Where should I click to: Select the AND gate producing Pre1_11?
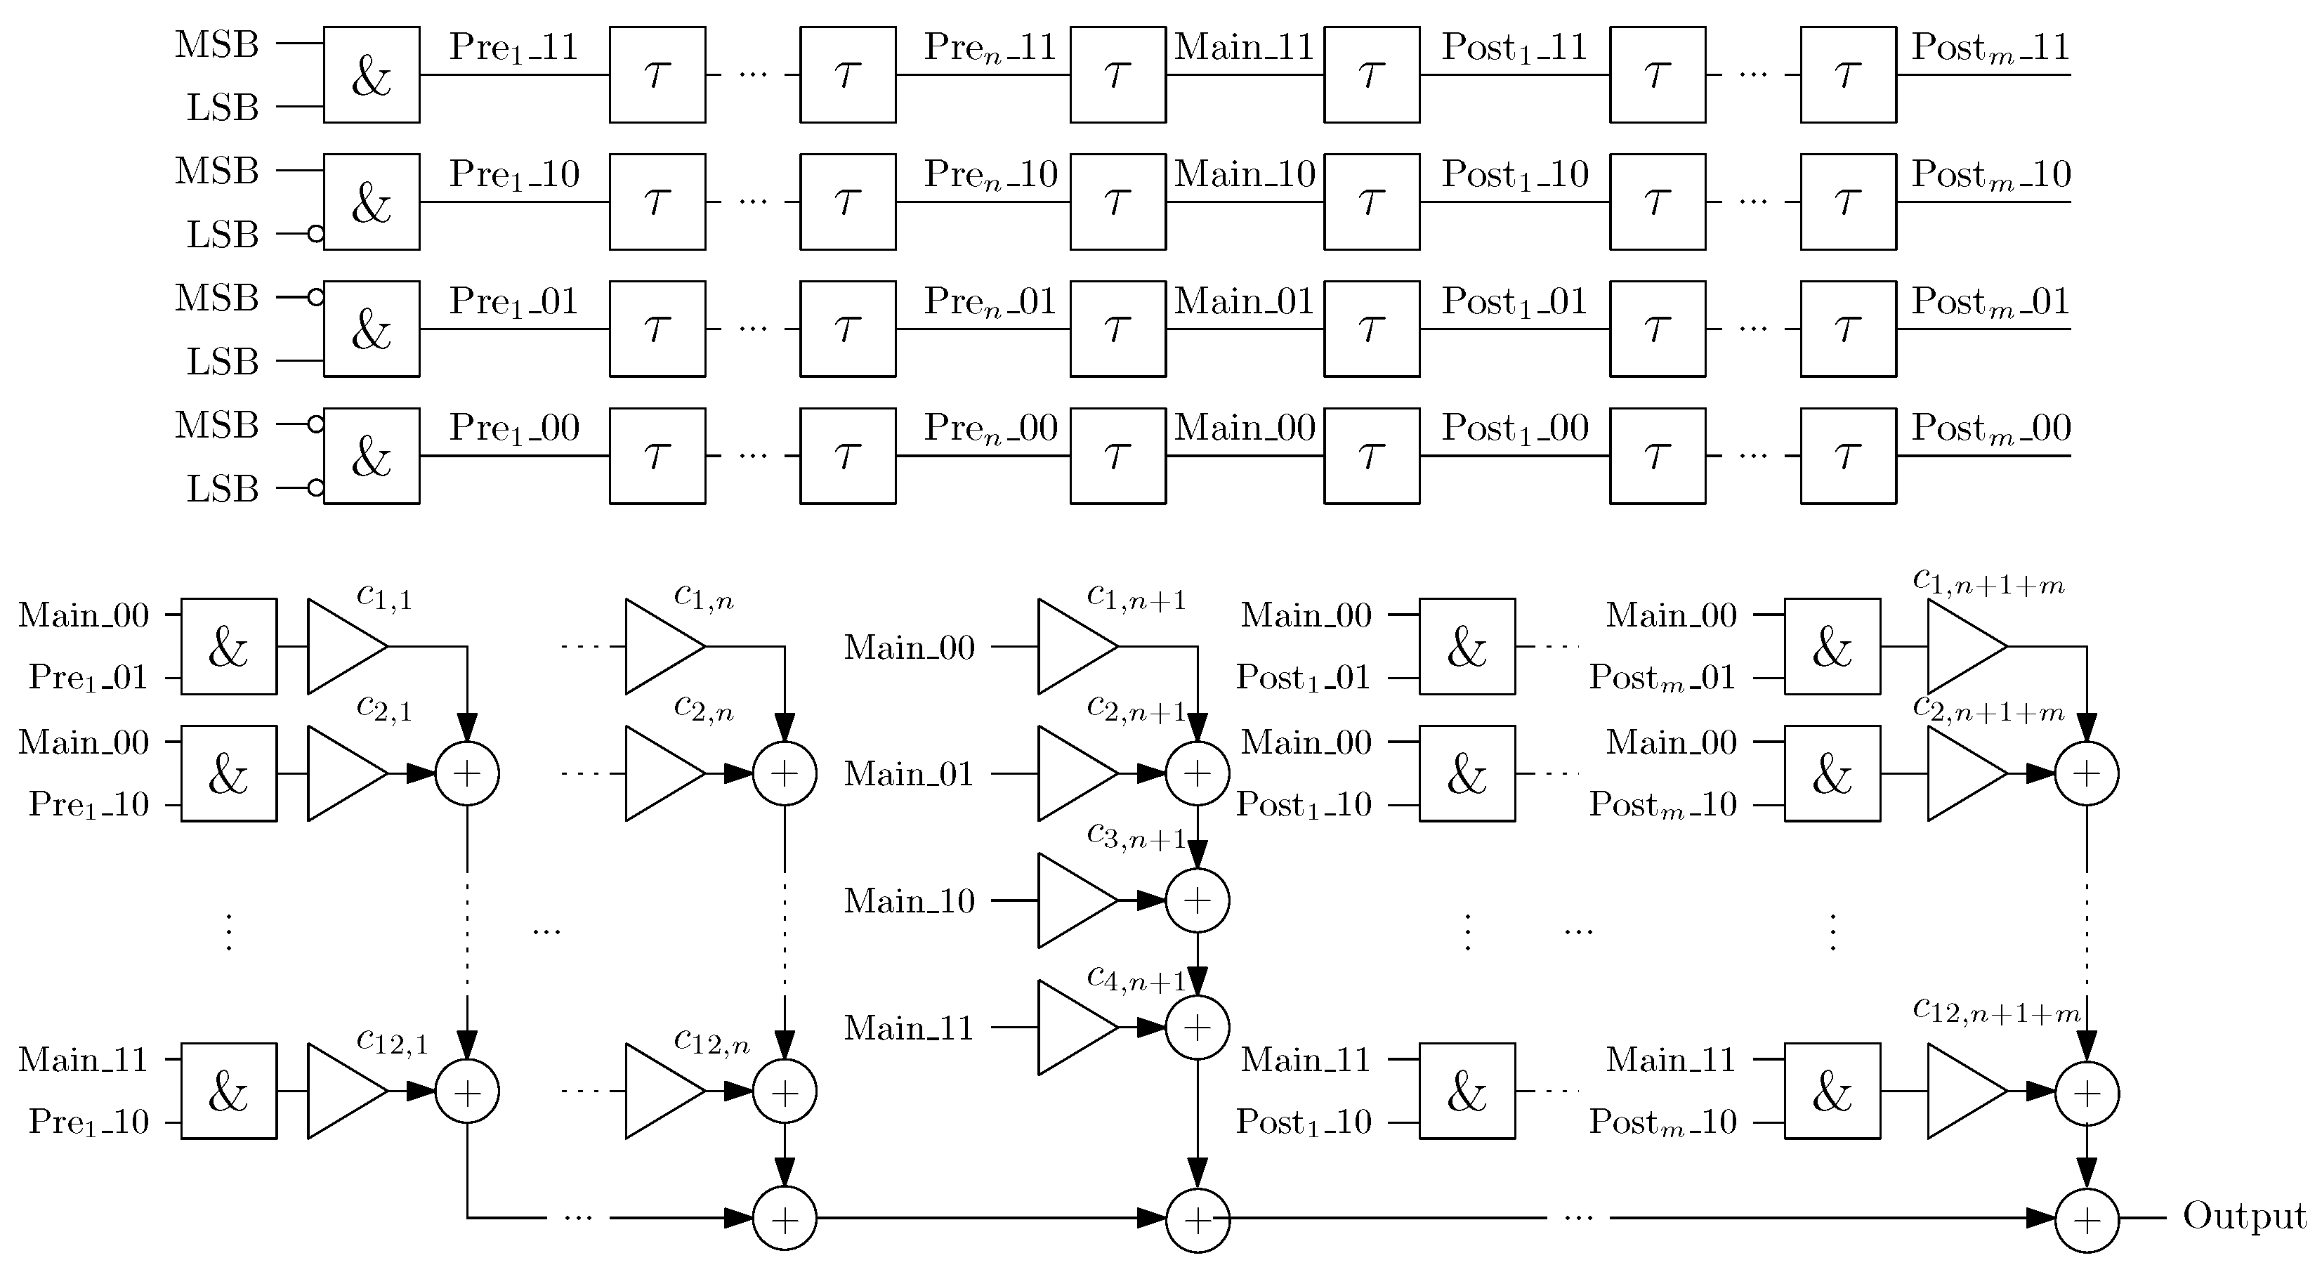coord(372,75)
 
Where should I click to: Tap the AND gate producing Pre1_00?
coord(372,456)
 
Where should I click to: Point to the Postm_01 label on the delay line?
coord(1990,302)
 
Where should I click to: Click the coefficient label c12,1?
coord(391,1041)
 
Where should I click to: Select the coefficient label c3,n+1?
coord(1136,836)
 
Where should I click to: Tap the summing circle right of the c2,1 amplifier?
coord(467,773)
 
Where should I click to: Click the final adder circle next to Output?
coord(2086,1219)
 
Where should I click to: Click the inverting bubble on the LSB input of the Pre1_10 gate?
coord(315,235)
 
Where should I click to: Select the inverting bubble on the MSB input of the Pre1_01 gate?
coord(315,296)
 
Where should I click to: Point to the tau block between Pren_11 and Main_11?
coord(1117,75)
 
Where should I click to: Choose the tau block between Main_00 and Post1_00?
coord(1371,456)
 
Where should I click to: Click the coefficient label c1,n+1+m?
coord(1988,582)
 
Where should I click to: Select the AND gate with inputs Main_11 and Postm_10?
coord(1832,1091)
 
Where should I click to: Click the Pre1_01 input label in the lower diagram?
coord(88,678)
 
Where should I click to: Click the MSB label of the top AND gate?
coord(216,44)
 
